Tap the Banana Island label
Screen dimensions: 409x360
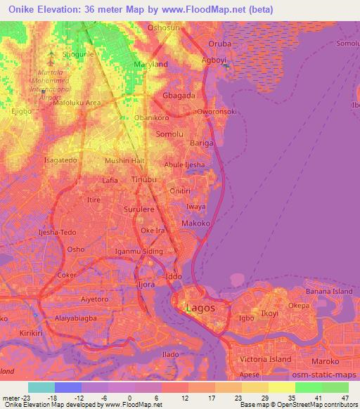pyautogui.click(x=328, y=291)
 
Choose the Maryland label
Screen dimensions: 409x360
pyautogui.click(x=150, y=64)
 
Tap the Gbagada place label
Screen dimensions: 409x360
pyautogui.click(x=179, y=95)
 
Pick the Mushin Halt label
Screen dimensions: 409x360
pyautogui.click(x=124, y=161)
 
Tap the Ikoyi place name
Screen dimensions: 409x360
pyautogui.click(x=270, y=313)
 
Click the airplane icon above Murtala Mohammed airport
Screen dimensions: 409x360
pyautogui.click(x=51, y=53)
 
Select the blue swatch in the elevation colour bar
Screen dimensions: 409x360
pyautogui.click(x=68, y=387)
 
